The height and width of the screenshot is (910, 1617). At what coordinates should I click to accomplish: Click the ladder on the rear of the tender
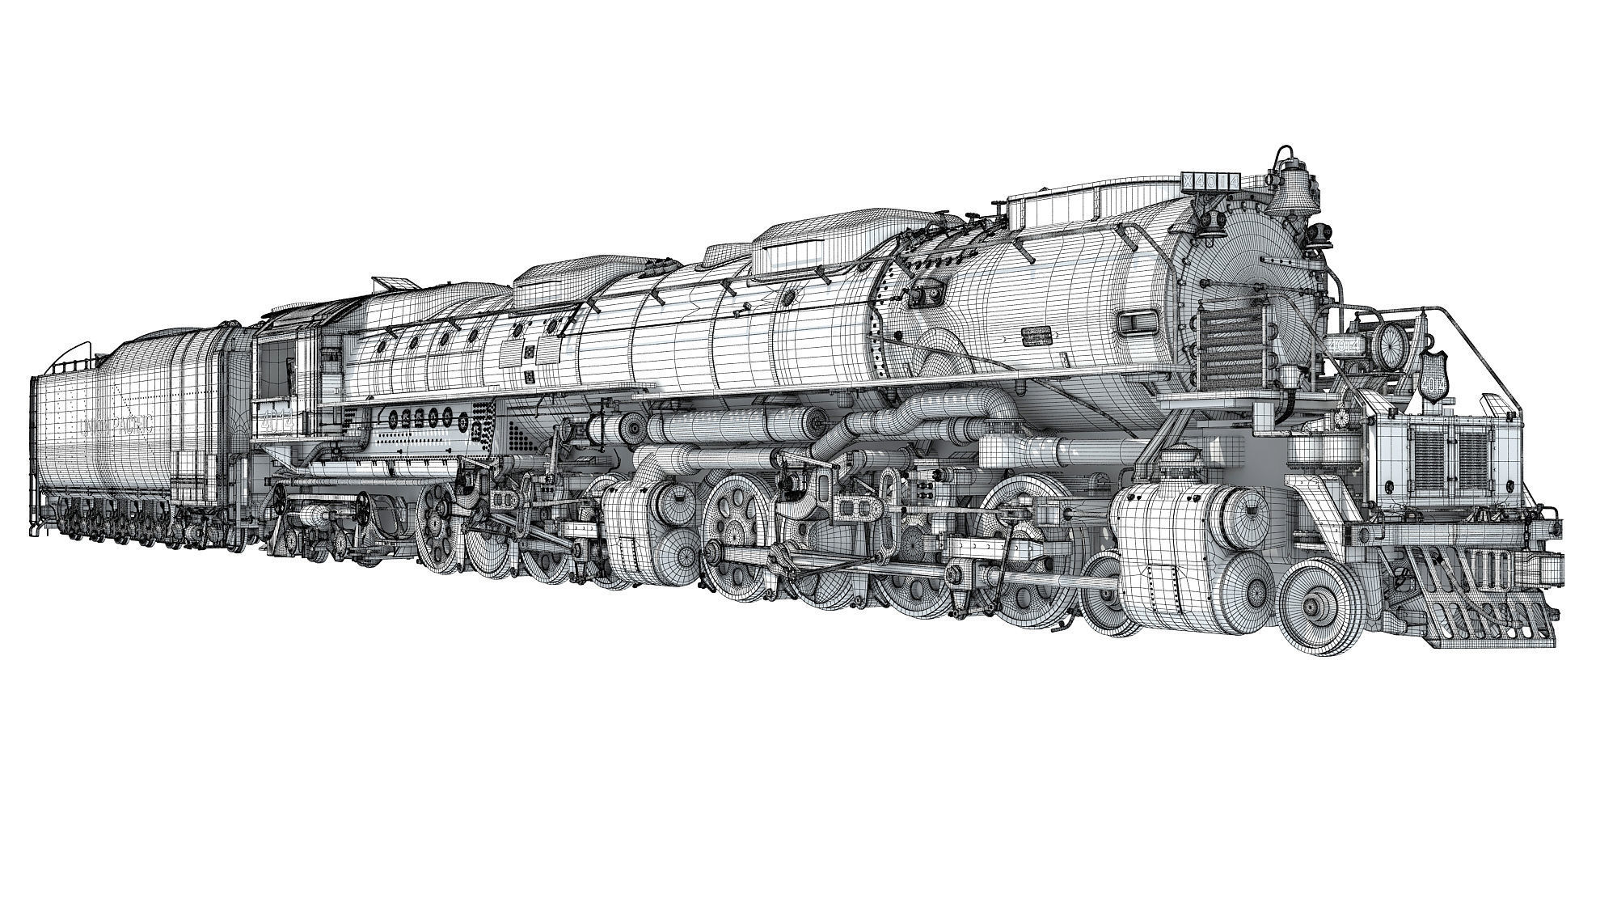tap(36, 453)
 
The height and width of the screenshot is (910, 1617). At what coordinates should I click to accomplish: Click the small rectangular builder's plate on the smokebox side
tap(1037, 336)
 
